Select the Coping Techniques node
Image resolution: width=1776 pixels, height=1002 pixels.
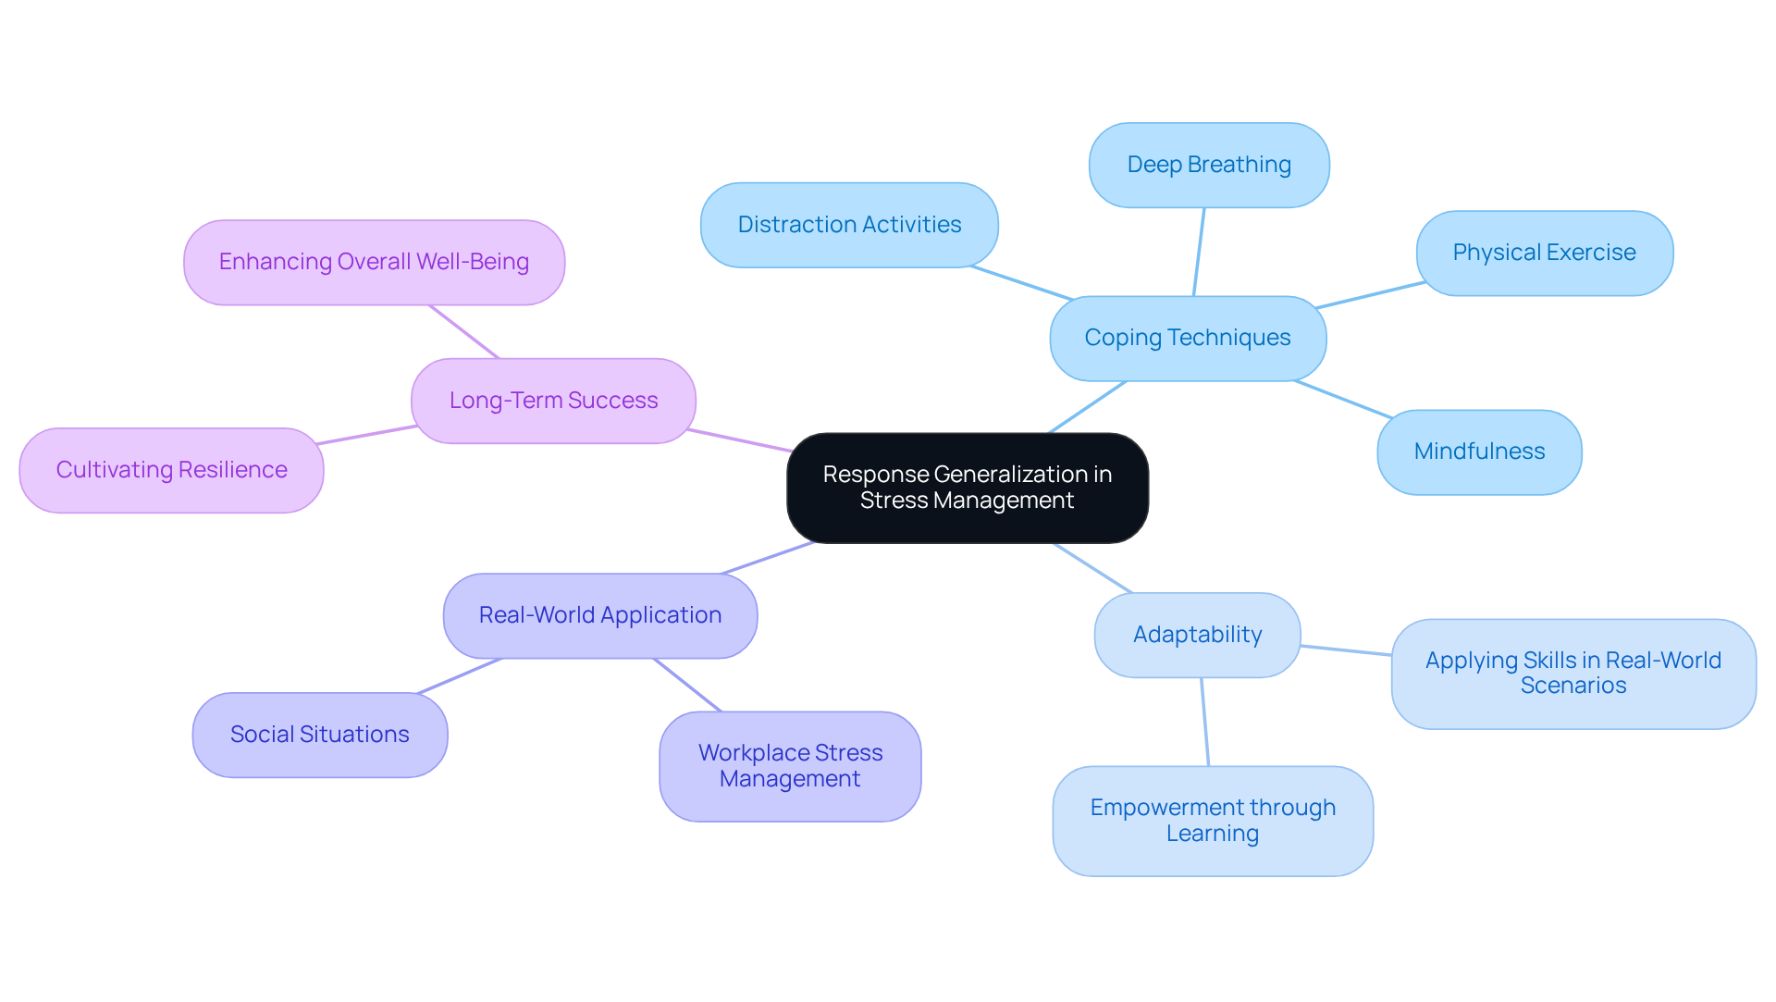[1188, 338]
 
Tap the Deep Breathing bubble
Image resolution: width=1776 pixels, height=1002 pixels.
[1208, 165]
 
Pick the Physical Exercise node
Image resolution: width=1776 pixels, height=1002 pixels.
[1544, 253]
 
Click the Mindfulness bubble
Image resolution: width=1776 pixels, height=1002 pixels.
[1478, 452]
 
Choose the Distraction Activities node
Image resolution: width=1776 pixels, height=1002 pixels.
[848, 225]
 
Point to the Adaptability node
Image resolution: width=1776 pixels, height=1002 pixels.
[1197, 635]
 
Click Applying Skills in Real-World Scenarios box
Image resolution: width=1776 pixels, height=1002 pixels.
[1572, 674]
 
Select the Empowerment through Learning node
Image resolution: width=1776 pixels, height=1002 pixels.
[1212, 821]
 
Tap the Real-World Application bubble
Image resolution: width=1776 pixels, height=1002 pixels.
[599, 615]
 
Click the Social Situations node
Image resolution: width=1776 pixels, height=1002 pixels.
[319, 735]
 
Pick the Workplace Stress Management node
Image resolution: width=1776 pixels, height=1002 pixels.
[790, 766]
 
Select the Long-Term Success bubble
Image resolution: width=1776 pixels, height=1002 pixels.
[553, 401]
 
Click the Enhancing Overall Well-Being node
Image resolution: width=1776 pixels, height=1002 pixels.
[374, 262]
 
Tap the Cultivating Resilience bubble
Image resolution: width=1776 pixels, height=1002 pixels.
[171, 470]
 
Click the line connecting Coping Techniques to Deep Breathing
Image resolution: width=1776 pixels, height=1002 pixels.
[1199, 252]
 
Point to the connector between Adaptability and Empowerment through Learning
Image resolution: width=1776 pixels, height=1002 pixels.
[1204, 722]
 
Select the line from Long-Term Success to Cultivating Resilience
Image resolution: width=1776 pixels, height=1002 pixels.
[367, 435]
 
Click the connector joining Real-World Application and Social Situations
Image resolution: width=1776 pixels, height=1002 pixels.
[460, 675]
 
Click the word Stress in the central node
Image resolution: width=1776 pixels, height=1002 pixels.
[894, 501]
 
